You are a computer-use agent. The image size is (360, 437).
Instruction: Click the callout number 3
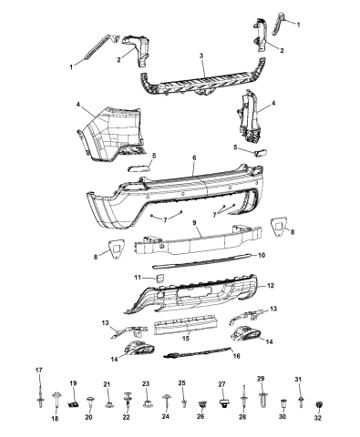click(x=201, y=56)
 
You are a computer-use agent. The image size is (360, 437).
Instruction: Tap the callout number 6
click(x=194, y=158)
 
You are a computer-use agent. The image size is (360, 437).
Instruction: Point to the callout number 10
click(x=262, y=256)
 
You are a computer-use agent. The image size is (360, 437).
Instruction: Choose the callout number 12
click(x=270, y=285)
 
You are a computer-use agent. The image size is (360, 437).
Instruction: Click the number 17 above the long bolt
click(x=38, y=370)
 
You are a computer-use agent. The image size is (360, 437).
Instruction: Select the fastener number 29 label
click(x=261, y=378)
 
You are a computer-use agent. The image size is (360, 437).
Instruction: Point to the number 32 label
click(x=319, y=419)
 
